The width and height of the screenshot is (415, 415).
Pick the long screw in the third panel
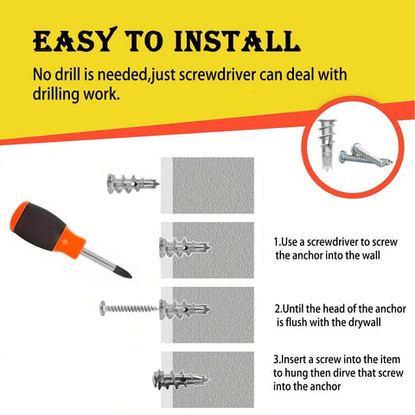(130, 307)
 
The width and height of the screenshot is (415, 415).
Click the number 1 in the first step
(276, 242)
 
